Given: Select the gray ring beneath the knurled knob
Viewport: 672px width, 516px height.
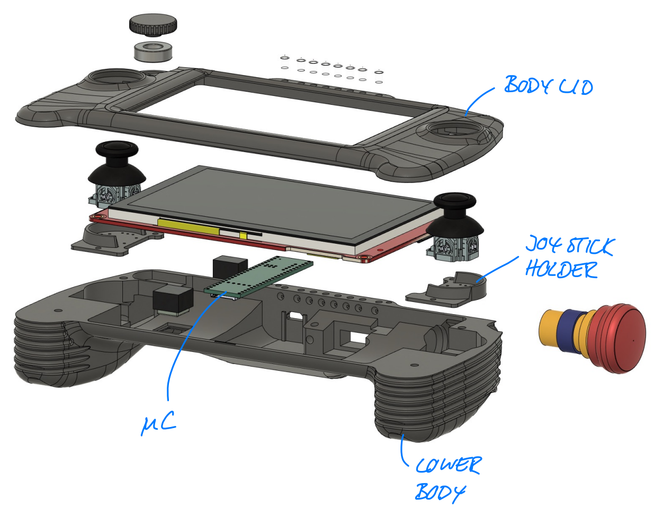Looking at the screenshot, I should pos(153,51).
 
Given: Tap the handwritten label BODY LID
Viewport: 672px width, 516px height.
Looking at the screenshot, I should pos(548,85).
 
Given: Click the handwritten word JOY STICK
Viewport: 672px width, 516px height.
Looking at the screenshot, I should pos(569,245).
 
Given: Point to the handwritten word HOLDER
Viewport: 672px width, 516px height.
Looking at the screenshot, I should pos(561,270).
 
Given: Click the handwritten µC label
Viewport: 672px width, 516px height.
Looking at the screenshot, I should pos(158,423).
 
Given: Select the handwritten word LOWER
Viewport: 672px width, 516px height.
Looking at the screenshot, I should pos(448,466).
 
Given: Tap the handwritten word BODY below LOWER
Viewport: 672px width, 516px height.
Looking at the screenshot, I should pos(440,492).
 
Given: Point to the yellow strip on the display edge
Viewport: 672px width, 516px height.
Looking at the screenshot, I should pos(188,226).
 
